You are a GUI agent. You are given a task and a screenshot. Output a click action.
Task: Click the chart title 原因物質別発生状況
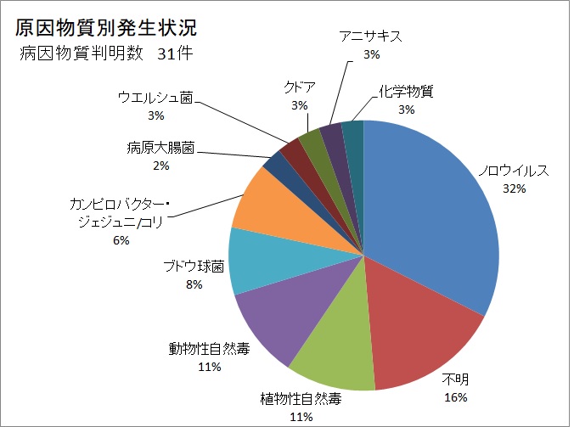(x=106, y=27)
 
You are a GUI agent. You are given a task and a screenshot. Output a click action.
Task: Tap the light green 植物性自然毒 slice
(x=331, y=348)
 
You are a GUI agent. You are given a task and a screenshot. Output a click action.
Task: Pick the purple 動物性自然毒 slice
(x=272, y=314)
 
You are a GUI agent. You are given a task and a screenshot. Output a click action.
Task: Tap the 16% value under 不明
(x=455, y=396)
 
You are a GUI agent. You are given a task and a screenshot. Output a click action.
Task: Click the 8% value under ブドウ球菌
(x=194, y=284)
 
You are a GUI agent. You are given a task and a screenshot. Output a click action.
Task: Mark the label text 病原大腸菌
(x=157, y=149)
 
